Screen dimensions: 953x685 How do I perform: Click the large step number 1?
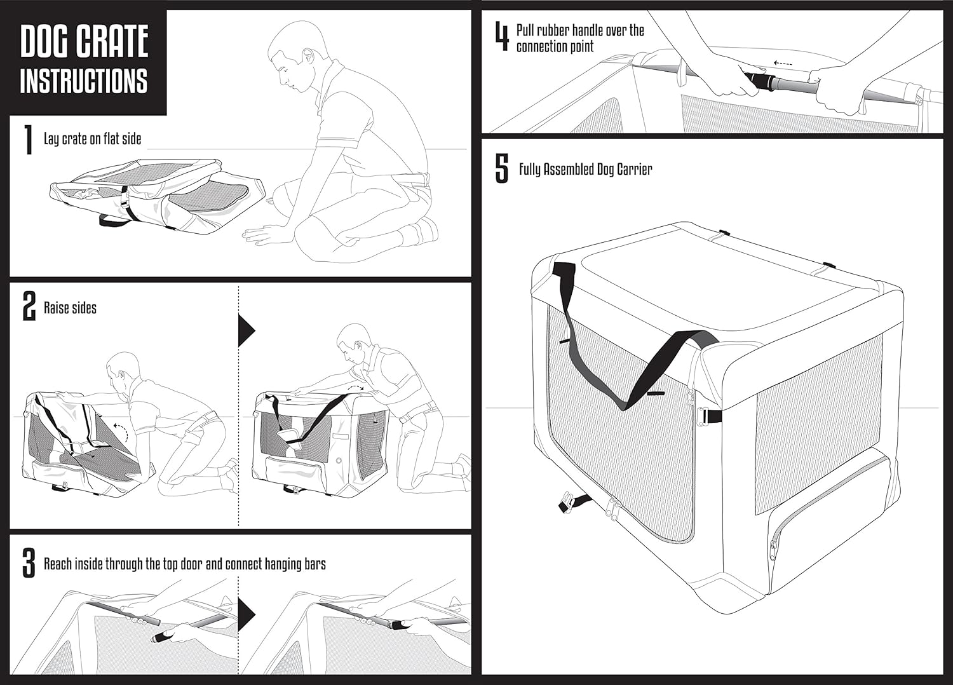click(28, 140)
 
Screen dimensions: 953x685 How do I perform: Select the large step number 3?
click(29, 563)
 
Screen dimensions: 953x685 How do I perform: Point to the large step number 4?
click(502, 37)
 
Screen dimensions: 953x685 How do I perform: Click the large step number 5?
click(502, 169)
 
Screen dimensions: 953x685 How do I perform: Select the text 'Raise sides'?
click(70, 308)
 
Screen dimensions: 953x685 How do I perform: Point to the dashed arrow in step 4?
click(783, 64)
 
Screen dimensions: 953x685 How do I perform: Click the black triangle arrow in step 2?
click(247, 330)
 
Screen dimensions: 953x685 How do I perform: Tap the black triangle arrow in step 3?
click(247, 614)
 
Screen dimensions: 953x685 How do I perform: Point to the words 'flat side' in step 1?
click(122, 139)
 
